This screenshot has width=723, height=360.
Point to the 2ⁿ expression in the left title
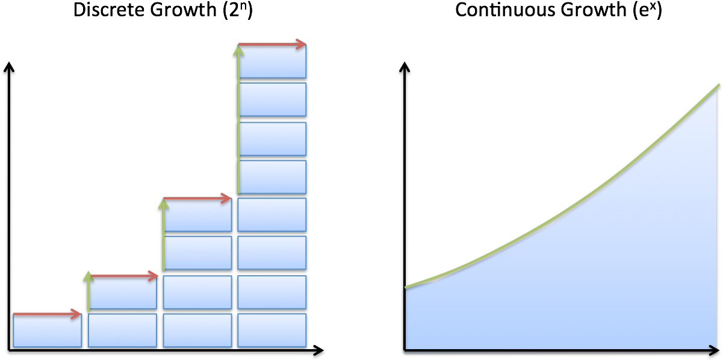pos(238,10)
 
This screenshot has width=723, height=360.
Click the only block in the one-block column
pos(48,330)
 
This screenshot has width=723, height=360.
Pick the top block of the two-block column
pos(123,292)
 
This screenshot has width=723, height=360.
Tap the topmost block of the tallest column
pos(273,61)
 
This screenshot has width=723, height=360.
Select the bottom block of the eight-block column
pos(272,330)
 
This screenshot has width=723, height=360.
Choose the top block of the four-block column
pos(197,214)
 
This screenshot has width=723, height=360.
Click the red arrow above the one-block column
pos(47,314)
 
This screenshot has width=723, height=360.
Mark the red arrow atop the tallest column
pos(272,44)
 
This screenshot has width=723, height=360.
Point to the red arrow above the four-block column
pos(197,198)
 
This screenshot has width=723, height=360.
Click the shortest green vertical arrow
pos(88,292)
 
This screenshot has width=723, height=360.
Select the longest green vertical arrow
pos(238,119)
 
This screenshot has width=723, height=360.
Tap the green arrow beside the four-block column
pos(164,235)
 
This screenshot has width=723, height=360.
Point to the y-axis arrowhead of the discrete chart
pos(9,67)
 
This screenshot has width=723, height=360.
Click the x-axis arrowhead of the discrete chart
pos(318,350)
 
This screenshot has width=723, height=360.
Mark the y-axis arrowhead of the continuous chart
pos(405,67)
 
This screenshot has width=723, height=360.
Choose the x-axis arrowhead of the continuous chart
pos(713,350)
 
